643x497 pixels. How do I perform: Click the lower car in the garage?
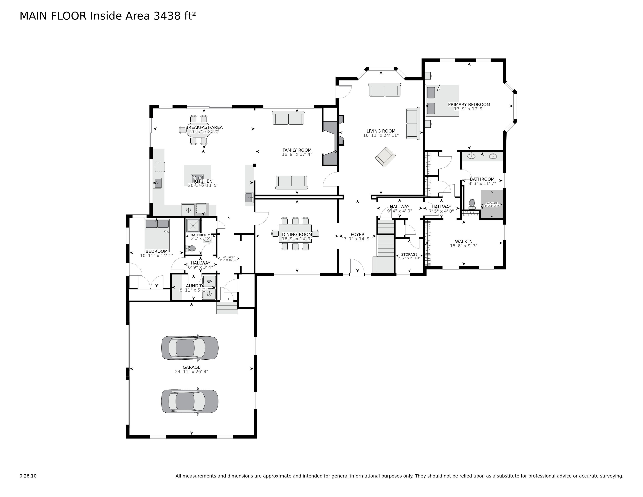(x=190, y=401)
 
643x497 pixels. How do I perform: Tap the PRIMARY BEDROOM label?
(x=469, y=104)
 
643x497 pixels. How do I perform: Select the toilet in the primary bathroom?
(x=472, y=204)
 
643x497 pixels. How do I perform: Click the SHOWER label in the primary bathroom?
(x=492, y=203)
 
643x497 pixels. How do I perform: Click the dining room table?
(x=295, y=234)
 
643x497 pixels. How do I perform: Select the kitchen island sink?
(x=197, y=178)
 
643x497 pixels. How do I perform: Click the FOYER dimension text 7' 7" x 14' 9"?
(x=357, y=239)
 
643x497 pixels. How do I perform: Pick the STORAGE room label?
(x=409, y=254)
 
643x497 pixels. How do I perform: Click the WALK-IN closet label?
(x=464, y=241)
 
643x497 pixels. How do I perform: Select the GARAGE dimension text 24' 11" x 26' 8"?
(x=191, y=371)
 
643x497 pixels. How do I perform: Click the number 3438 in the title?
(x=167, y=16)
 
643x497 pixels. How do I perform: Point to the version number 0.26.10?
(x=28, y=476)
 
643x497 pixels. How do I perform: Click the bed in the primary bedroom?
(x=443, y=101)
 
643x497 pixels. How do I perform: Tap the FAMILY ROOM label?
(x=297, y=150)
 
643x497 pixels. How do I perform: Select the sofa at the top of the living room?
(x=384, y=90)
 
